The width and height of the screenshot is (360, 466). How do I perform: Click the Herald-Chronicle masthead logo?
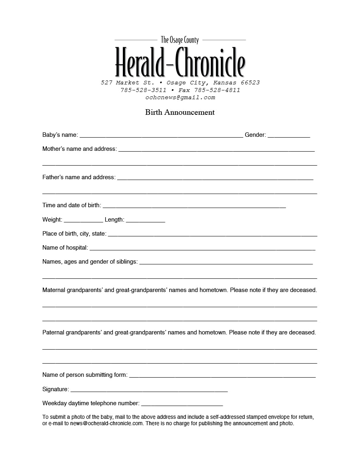(x=180, y=62)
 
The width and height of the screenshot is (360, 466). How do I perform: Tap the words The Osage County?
(x=180, y=40)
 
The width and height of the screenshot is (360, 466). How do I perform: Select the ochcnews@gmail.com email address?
(x=180, y=97)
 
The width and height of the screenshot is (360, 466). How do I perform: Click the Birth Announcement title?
(x=180, y=112)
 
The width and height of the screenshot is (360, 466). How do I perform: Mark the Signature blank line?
(x=149, y=390)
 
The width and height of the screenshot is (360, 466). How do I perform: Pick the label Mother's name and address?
(x=80, y=149)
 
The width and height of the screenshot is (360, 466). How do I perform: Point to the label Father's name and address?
(x=79, y=177)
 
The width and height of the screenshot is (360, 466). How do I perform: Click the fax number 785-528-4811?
(x=217, y=90)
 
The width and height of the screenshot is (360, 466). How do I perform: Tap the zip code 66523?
(x=250, y=83)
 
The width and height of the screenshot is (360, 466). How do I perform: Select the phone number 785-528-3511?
(x=143, y=90)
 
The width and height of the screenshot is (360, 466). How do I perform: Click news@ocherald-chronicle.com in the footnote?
(x=106, y=423)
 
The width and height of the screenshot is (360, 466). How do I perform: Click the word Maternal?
(x=54, y=290)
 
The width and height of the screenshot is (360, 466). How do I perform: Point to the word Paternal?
(x=53, y=332)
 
